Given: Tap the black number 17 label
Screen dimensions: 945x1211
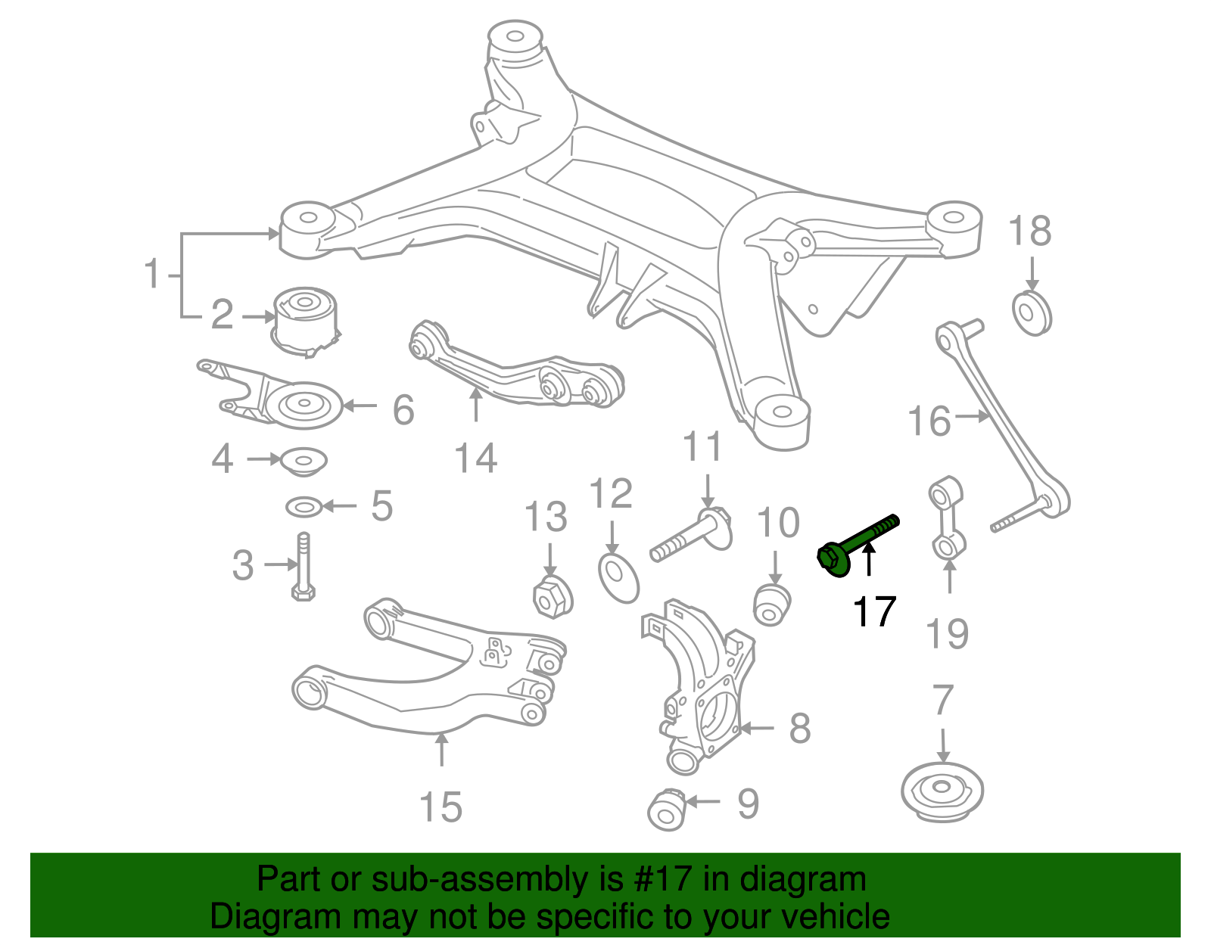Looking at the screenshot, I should (874, 612).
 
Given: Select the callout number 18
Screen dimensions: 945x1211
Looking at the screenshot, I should (1030, 232).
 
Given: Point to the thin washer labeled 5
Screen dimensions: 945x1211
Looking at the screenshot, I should (304, 506).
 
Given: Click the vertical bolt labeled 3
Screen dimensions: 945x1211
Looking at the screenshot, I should (303, 567).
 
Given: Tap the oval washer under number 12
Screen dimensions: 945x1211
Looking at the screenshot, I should (618, 578).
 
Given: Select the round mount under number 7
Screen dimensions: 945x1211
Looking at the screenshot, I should (942, 791).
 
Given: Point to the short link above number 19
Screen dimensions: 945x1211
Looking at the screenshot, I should (946, 521).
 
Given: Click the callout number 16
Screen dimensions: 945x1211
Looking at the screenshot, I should (929, 421).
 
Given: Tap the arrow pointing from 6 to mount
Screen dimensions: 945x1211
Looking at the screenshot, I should (361, 406).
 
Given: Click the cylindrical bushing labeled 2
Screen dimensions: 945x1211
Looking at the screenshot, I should (306, 318).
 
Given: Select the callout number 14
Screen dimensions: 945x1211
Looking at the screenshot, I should (475, 459).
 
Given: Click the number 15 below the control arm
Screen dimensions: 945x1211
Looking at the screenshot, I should (441, 807).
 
